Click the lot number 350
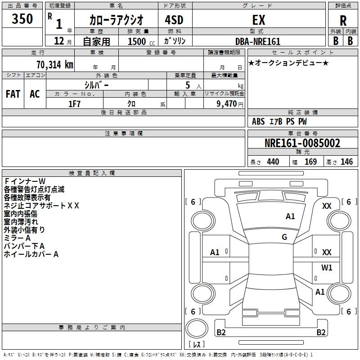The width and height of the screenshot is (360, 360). click(22, 19)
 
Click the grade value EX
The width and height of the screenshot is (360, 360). click(258, 20)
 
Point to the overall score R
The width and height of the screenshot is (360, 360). click(343, 20)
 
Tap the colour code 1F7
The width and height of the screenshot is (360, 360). click(74, 104)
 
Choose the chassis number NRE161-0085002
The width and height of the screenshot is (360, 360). click(302, 144)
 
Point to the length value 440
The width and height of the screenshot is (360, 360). click(273, 162)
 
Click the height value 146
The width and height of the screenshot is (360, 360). click(346, 162)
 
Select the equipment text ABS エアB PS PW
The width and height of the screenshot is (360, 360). click(279, 121)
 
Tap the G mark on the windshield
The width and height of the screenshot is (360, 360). click(284, 237)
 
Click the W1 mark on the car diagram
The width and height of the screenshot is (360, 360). click(327, 268)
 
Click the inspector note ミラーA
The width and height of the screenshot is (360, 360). click(17, 238)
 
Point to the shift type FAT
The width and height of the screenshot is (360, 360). click(13, 94)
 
